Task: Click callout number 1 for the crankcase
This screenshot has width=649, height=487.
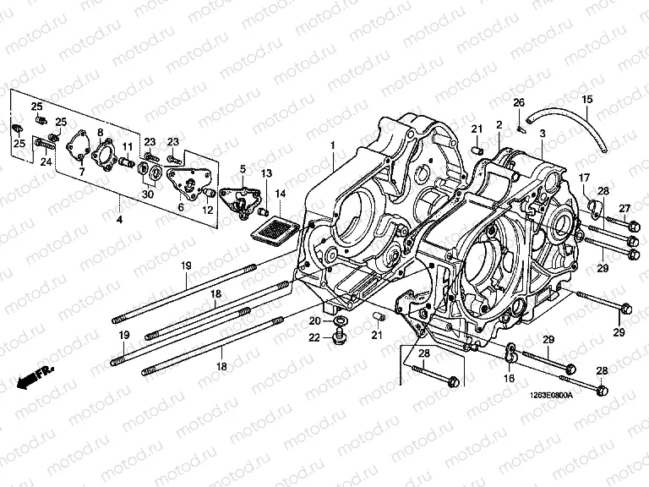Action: [333, 145]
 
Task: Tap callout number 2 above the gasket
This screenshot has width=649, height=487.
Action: [499, 125]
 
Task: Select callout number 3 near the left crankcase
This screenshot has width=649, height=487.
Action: [542, 134]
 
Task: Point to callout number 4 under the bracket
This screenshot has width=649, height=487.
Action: [119, 220]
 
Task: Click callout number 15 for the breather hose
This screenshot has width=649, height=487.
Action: [586, 101]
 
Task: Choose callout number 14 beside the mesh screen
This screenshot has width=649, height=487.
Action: [281, 194]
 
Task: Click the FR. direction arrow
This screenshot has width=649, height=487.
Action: [34, 377]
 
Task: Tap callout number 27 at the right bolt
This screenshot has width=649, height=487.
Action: [625, 208]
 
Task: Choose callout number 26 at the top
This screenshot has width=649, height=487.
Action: [519, 102]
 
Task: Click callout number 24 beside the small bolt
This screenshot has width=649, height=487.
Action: [46, 161]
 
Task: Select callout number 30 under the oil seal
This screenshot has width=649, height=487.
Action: [149, 194]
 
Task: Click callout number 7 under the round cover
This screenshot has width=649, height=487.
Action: [82, 172]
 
